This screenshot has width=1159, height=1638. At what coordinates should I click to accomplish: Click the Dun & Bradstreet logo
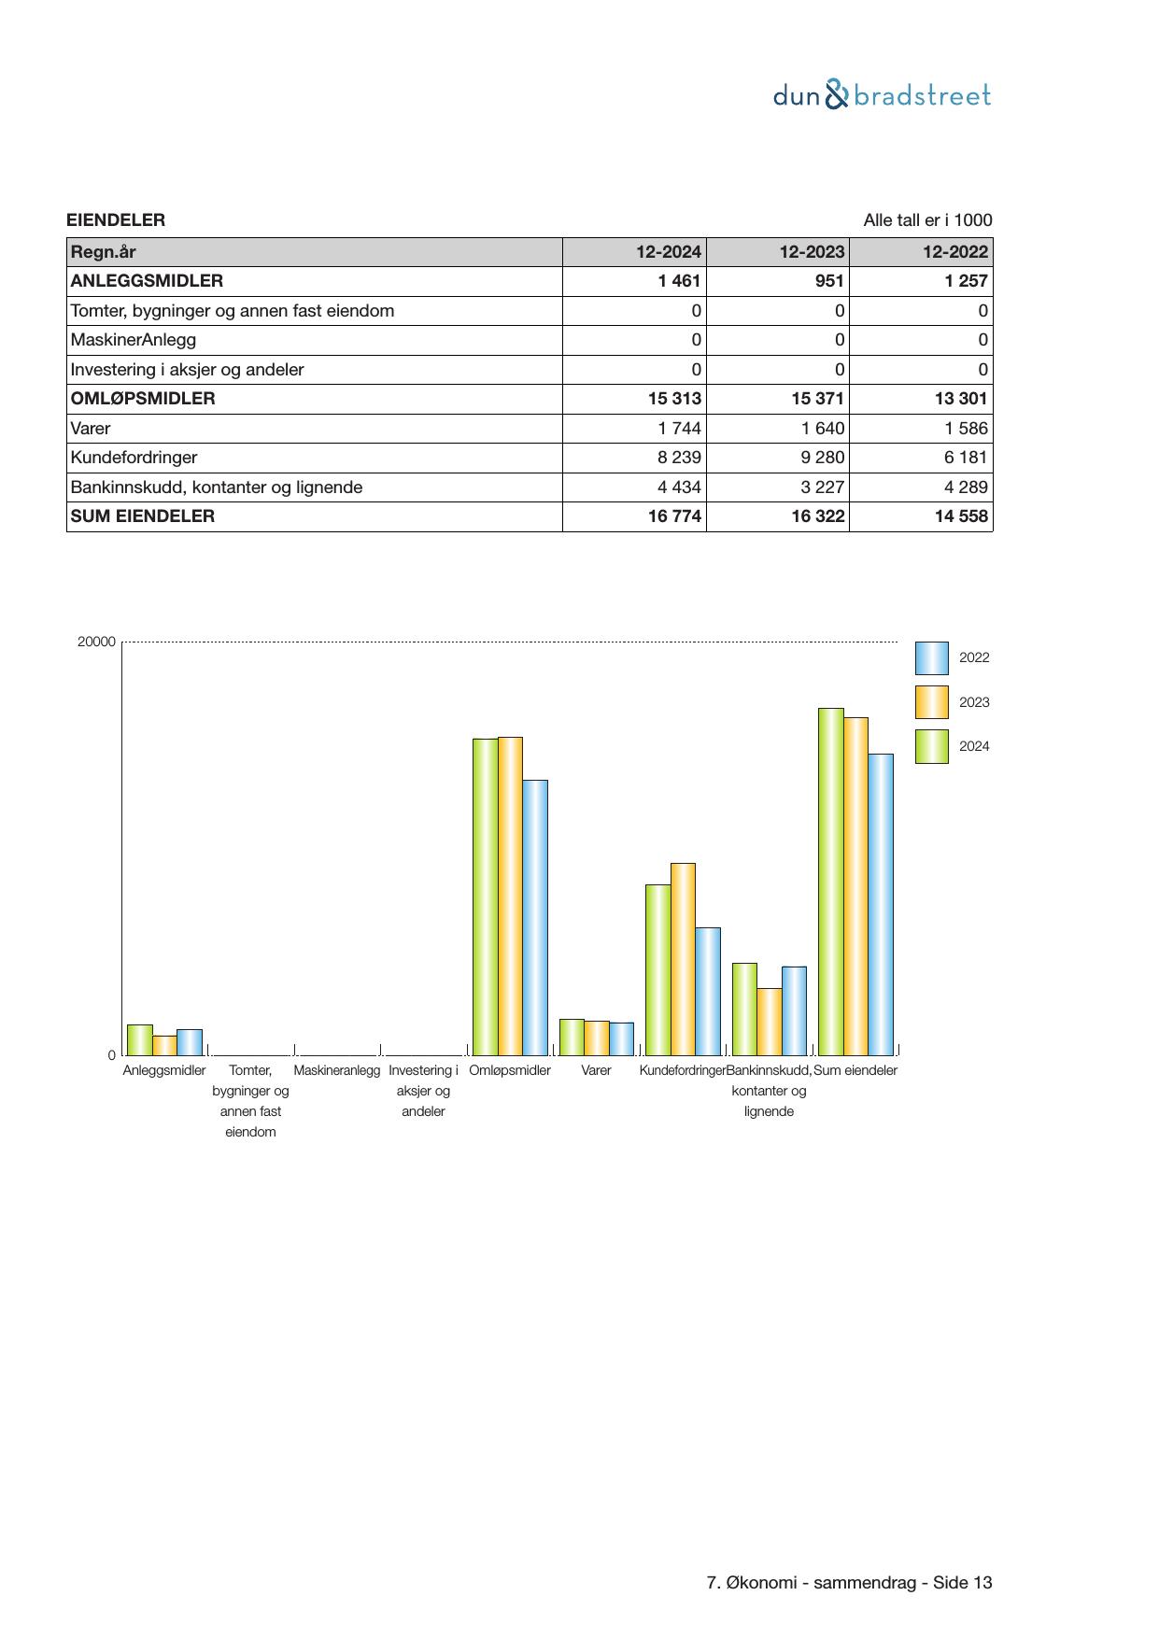(x=882, y=95)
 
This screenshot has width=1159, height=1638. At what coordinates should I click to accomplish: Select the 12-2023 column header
(x=812, y=252)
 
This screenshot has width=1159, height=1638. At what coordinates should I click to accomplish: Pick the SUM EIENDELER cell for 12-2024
(x=674, y=516)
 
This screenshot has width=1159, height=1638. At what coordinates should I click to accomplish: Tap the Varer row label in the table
(x=91, y=429)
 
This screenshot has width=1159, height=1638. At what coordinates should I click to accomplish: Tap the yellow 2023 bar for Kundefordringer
(x=683, y=959)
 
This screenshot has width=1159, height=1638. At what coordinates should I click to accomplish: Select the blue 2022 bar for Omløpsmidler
(x=535, y=917)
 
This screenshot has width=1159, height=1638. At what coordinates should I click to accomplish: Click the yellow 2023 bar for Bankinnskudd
(x=770, y=1022)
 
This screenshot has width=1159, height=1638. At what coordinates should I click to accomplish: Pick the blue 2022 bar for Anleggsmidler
(x=190, y=1042)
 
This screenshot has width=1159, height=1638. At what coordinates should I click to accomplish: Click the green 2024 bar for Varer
(x=572, y=1037)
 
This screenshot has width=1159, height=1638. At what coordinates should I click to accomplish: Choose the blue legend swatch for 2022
(x=931, y=658)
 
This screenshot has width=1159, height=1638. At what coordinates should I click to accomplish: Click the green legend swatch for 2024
(x=931, y=747)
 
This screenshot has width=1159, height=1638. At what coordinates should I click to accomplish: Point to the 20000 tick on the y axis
(x=96, y=642)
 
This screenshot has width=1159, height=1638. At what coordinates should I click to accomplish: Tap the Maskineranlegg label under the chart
(x=336, y=1070)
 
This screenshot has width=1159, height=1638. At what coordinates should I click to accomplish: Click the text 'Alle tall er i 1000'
(x=926, y=220)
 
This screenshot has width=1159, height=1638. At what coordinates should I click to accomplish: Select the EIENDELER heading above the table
(x=116, y=220)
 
